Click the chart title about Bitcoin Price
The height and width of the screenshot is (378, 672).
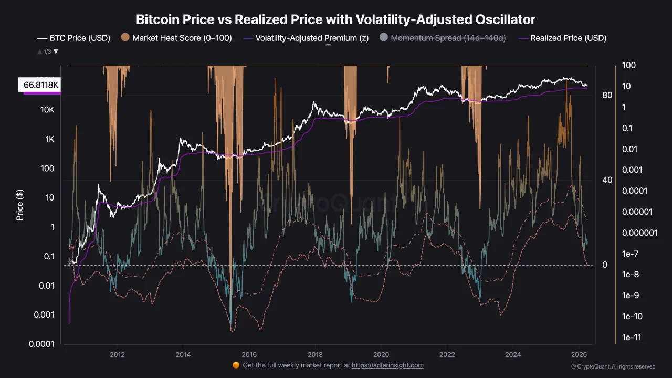click(x=335, y=20)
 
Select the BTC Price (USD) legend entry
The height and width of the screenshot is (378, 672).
click(x=73, y=38)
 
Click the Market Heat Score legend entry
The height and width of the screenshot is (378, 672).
click(x=176, y=38)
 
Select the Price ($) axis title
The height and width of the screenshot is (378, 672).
click(x=20, y=205)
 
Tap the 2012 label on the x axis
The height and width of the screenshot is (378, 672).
click(x=117, y=354)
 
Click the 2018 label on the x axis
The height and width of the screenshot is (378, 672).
click(x=315, y=354)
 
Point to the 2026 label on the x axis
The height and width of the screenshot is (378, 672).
click(x=579, y=354)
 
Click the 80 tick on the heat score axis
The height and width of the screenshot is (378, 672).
click(x=607, y=95)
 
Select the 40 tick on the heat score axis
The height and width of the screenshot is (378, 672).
click(x=607, y=180)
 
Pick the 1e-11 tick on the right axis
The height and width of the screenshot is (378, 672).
click(x=632, y=338)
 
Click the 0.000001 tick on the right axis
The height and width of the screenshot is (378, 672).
click(x=639, y=233)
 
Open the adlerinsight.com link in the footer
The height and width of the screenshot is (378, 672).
click(x=387, y=365)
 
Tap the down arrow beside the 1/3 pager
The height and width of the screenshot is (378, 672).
click(x=56, y=51)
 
